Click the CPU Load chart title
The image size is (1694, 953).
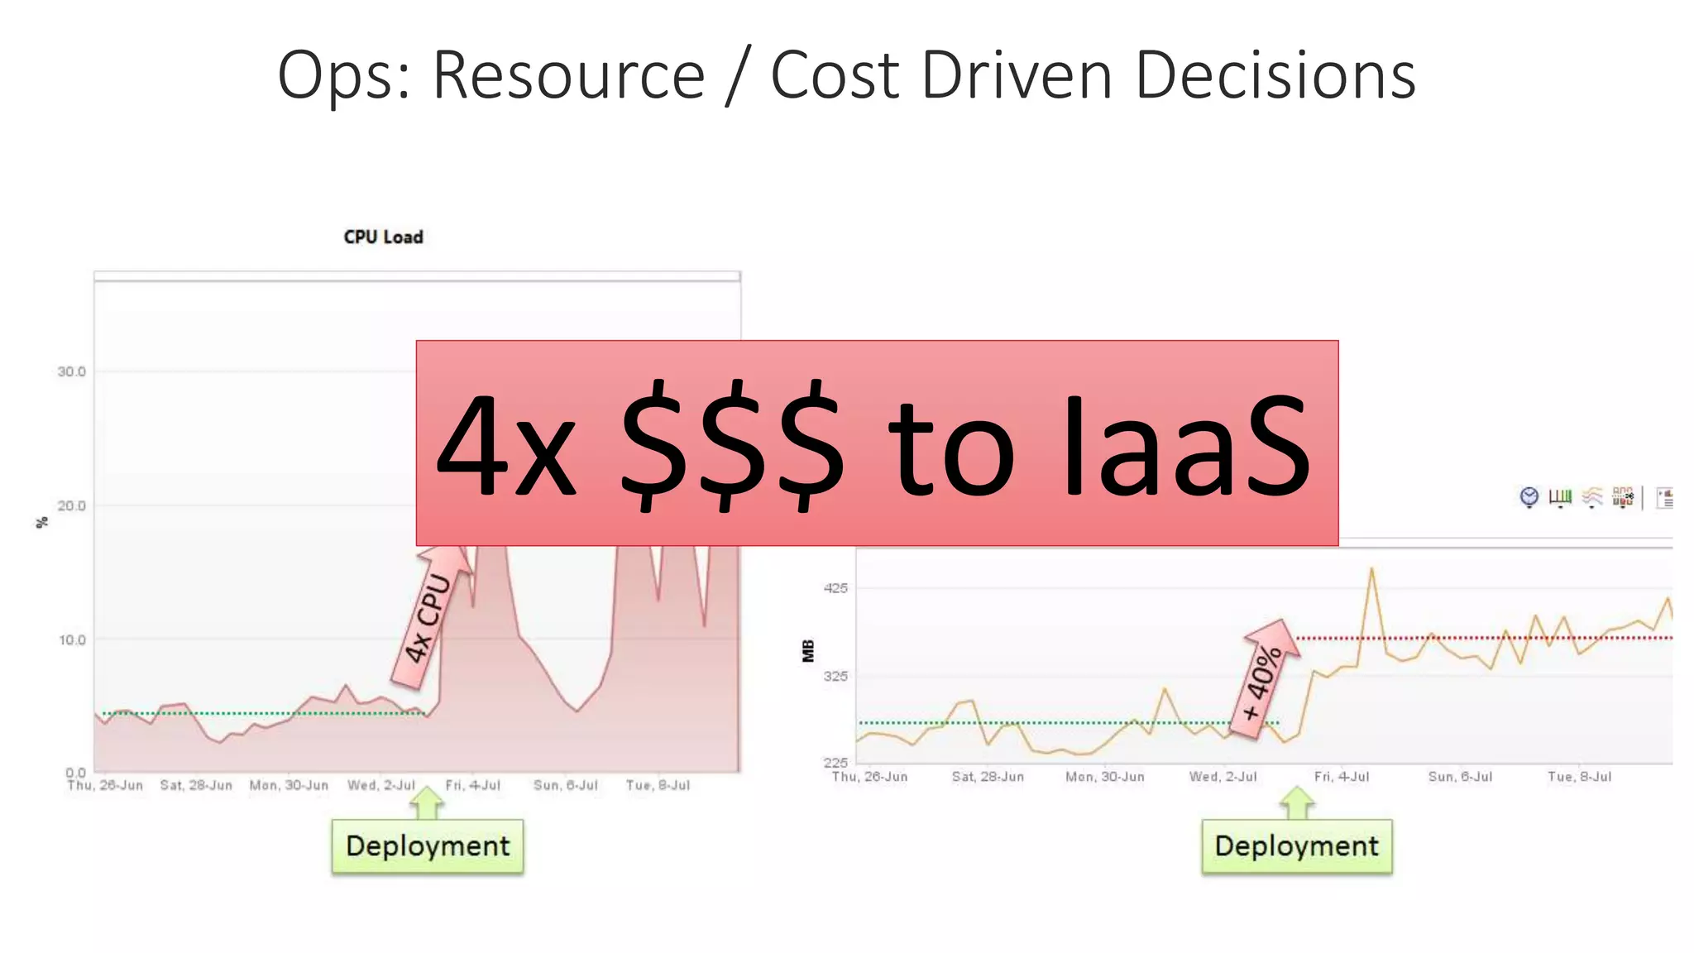(x=383, y=237)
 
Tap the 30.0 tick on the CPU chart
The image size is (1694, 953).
(x=72, y=372)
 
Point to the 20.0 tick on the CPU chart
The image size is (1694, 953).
(x=72, y=506)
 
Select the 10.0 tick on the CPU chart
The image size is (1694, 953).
(x=72, y=640)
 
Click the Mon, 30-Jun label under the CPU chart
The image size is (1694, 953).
(x=289, y=785)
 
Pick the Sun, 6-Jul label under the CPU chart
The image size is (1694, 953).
(x=566, y=785)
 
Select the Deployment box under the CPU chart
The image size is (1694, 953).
(x=428, y=846)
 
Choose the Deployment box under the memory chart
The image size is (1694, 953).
(x=1296, y=846)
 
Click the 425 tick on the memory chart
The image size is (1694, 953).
(x=836, y=588)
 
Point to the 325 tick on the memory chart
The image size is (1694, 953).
(x=836, y=676)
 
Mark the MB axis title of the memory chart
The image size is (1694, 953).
(x=808, y=651)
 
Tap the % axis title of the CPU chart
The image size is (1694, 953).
(x=42, y=522)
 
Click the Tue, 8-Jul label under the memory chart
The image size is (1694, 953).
(x=1579, y=777)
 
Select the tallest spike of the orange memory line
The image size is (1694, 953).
(x=1371, y=569)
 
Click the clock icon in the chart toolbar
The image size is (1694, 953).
(x=1529, y=496)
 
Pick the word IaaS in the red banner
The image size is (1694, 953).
(x=1187, y=447)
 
